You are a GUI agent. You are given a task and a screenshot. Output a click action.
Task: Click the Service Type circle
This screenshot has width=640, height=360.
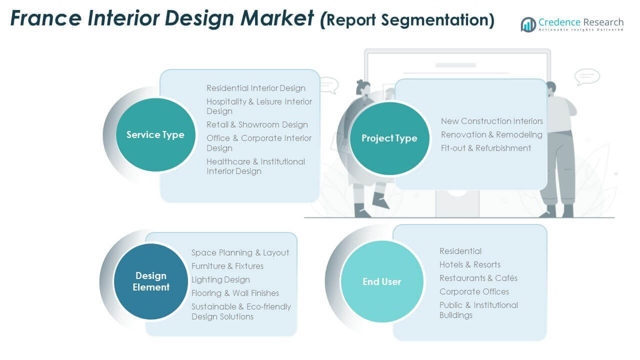pos(155,135)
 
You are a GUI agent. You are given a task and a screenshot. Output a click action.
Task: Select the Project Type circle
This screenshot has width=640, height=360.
pos(389,138)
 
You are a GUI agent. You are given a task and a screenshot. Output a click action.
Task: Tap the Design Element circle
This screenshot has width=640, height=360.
pos(151,281)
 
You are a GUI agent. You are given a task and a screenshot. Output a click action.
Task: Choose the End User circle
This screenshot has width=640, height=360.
pos(382,281)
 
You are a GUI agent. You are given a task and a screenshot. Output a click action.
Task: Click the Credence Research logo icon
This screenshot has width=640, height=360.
pos(528,24)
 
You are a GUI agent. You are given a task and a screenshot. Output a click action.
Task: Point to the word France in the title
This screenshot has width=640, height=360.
pos(46,18)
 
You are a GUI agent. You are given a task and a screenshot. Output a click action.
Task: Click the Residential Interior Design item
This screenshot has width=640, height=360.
pos(256,88)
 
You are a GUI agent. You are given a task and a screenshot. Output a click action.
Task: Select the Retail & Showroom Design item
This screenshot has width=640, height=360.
pos(257,125)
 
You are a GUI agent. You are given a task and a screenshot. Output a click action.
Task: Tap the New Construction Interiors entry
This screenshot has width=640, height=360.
pos(492,121)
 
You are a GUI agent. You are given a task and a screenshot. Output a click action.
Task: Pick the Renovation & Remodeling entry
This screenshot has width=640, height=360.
pos(491,134)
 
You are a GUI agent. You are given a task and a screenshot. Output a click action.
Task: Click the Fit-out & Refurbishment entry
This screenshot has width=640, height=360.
pos(486,148)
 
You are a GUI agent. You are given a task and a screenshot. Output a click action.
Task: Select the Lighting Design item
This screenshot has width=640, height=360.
pos(220,279)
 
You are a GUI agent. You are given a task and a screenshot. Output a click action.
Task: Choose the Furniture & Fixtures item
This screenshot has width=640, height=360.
pos(227,266)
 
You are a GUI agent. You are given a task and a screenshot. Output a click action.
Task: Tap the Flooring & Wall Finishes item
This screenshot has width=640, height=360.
pos(235,293)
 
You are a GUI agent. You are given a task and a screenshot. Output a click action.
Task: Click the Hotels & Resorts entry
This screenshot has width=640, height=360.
pos(470,265)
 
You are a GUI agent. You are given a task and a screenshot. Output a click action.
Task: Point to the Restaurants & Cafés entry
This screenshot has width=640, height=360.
pos(478,278)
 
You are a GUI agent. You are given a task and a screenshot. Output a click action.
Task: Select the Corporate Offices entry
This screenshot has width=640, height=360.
pos(474,291)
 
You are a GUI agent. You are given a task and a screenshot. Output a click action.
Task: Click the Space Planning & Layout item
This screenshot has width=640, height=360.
pos(240,253)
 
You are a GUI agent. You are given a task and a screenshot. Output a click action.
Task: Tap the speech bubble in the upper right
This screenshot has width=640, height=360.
pos(587,77)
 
